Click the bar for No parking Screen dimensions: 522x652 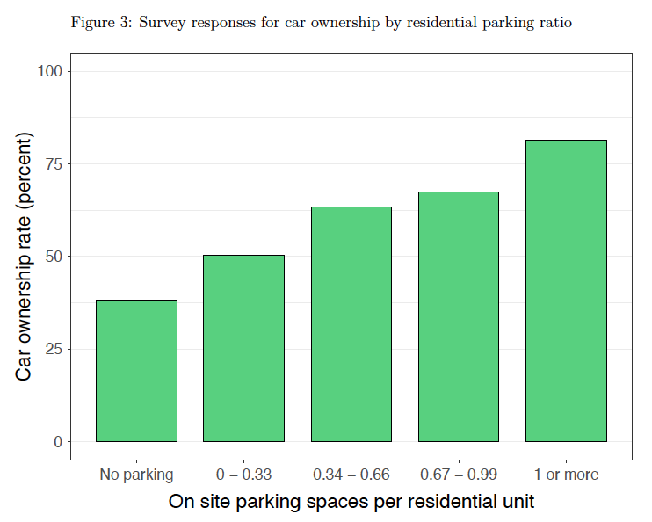136,370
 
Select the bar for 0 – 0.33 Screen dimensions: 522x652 243,348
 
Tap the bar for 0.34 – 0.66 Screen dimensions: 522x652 351,323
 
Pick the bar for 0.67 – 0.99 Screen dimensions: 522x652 458,316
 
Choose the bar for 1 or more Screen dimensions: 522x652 566,290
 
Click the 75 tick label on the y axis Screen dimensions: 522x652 54,164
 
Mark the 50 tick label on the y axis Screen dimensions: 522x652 54,257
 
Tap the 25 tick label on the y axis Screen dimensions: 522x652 54,349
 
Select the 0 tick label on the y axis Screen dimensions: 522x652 58,442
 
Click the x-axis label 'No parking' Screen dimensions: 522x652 136,475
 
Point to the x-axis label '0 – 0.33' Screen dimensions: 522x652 243,475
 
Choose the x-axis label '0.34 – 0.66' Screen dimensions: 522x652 351,475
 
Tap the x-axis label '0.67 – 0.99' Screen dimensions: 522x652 458,475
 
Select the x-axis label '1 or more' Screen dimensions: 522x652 566,475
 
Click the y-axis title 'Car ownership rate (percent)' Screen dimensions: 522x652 25,257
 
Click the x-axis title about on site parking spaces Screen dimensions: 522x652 351,503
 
